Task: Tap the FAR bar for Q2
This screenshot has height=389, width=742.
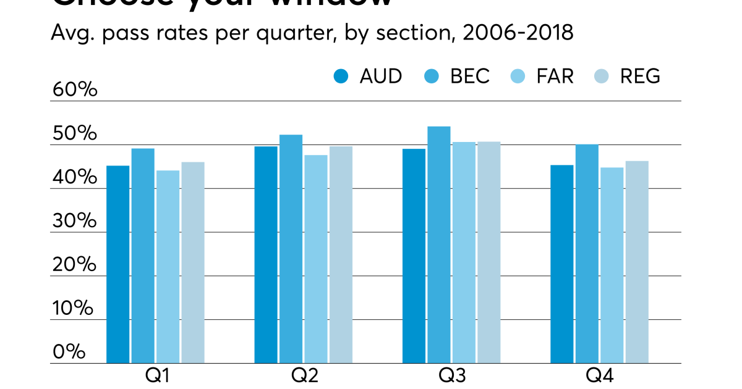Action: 316,259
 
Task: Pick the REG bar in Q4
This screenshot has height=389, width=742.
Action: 637,262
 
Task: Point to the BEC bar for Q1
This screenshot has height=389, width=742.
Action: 143,256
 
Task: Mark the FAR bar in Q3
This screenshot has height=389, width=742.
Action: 464,253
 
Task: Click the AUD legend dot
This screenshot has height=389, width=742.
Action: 341,77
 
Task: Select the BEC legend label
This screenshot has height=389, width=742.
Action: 470,76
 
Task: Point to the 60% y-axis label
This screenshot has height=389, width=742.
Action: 75,90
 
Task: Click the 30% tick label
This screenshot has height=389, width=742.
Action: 75,221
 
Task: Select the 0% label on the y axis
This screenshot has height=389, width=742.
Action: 69,352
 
